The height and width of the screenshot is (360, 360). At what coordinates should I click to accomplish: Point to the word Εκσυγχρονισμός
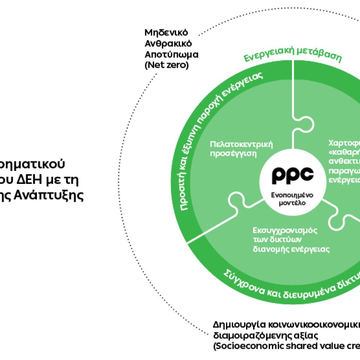[x=285, y=231]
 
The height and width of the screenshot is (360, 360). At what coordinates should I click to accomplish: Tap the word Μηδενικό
[x=166, y=33]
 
